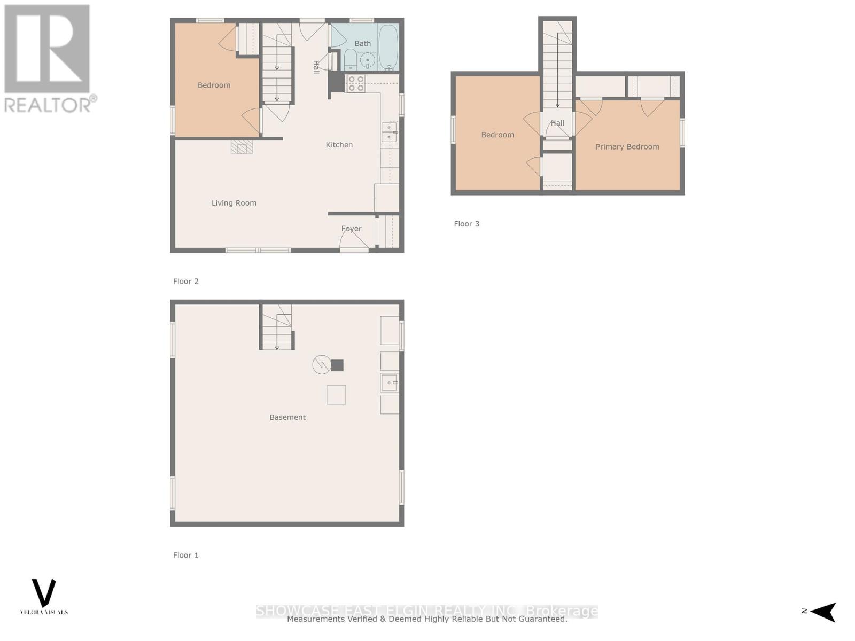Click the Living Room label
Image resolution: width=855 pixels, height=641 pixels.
click(x=234, y=203)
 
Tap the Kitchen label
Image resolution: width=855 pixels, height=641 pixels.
click(x=339, y=145)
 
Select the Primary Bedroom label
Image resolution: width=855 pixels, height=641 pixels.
click(x=627, y=147)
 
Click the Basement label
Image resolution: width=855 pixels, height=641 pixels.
click(x=287, y=417)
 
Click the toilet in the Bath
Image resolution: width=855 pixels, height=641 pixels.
click(x=351, y=60)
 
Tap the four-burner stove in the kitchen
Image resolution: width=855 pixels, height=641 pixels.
click(x=356, y=83)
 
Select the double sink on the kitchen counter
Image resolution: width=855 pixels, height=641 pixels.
click(x=389, y=132)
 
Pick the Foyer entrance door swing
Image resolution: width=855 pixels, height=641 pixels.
click(x=354, y=240)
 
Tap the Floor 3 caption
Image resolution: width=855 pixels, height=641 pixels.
click(x=467, y=224)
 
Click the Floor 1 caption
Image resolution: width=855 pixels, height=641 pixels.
click(x=185, y=556)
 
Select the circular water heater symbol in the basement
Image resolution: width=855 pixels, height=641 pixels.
click(x=321, y=365)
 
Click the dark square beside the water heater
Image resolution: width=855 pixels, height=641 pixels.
click(x=337, y=365)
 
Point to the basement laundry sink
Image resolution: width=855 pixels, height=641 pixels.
click(x=389, y=382)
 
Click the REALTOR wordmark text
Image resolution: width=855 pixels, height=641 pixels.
click(x=48, y=104)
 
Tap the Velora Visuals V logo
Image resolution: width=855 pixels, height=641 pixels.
click(x=44, y=593)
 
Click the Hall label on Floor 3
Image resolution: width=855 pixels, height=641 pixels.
click(x=557, y=123)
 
